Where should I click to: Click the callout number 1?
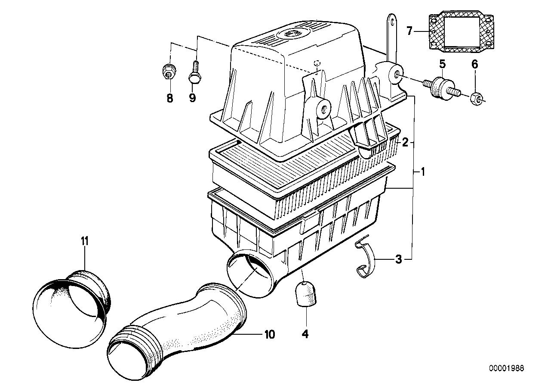tap(422, 172)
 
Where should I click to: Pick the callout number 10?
tap(270, 334)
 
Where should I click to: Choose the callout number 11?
tap(85, 241)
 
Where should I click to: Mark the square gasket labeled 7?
tap(460, 31)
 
